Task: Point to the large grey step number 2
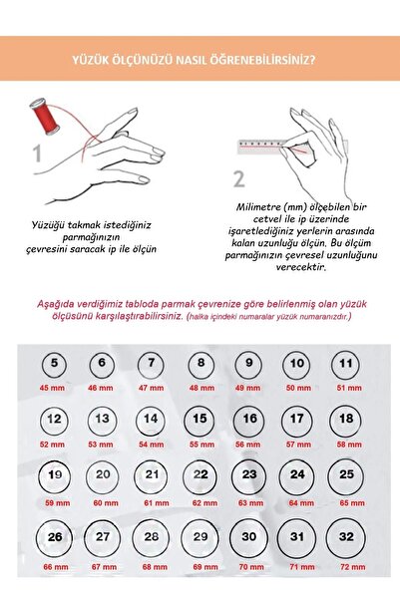238,178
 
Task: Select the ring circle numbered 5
53,365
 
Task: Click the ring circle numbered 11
346,365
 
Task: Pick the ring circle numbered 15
200,420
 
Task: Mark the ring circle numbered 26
54,538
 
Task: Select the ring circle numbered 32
346,537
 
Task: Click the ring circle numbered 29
200,538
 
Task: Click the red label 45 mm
52,387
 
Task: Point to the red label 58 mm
347,443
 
